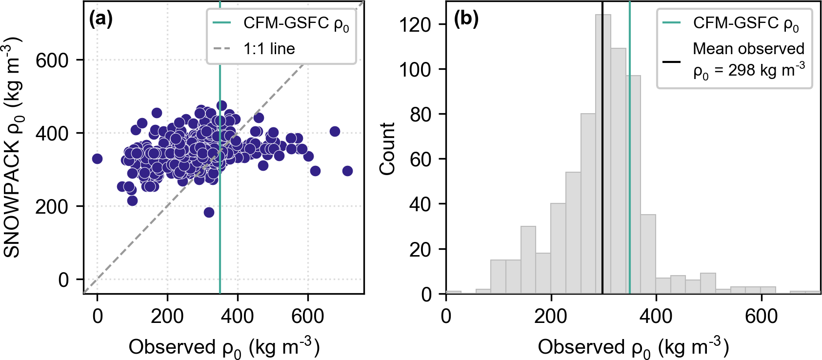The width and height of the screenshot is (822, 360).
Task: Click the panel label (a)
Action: coord(100,20)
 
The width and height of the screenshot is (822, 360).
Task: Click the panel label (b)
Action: coord(465,20)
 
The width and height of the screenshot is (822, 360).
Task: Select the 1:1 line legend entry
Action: coord(269,49)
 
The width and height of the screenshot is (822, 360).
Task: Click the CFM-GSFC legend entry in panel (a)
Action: coord(296,23)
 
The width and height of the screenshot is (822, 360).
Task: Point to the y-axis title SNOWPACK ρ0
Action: coord(13,146)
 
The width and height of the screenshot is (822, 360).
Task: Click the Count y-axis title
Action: coord(387,148)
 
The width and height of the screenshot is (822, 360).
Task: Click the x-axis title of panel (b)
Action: coord(633,347)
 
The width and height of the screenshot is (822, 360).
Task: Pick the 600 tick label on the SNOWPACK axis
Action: coord(52,60)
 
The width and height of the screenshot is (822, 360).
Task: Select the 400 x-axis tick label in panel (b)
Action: coord(656,316)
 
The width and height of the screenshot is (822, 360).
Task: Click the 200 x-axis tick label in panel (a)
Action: coord(167,316)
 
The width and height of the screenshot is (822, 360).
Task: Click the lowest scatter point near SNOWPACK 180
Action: coord(209,212)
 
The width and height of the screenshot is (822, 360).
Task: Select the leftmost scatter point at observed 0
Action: coord(97,159)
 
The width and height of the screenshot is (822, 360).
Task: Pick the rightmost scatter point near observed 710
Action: coord(347,171)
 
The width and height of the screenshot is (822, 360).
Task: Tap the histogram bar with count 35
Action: coord(648,254)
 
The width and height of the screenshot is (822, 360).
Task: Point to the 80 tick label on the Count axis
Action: coord(421,114)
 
